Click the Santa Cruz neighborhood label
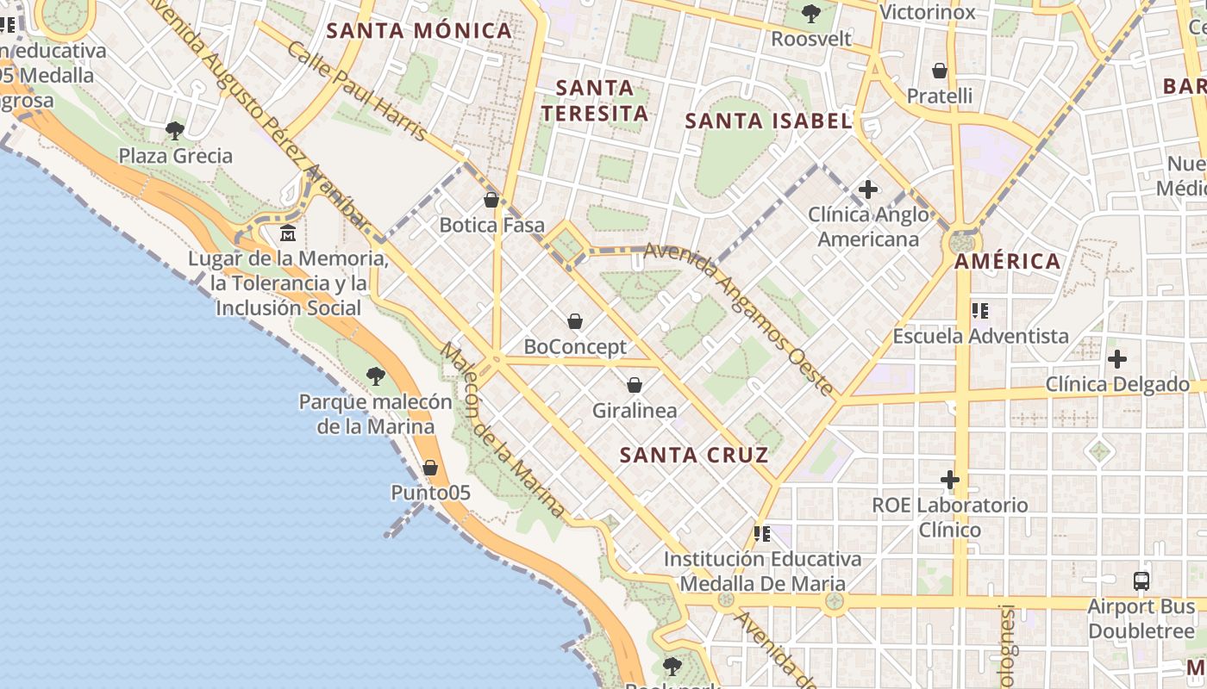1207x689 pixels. pos(694,456)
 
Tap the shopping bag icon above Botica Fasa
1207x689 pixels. pos(491,201)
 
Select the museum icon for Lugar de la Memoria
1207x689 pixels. pos(288,233)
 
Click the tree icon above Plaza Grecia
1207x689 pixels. pos(175,131)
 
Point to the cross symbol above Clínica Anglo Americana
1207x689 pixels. pos(868,189)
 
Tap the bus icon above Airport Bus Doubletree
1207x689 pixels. pos(1141,581)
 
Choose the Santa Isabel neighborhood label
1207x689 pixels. pos(768,121)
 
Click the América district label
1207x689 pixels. pos(1008,262)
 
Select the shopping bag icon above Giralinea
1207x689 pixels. pos(635,385)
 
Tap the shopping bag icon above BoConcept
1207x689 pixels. pos(575,322)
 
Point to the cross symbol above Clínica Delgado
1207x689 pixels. pos(1117,358)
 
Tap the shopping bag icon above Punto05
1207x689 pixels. pos(430,468)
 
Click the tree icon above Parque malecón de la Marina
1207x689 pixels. pos(375,376)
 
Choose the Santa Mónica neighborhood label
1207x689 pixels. pos(420,32)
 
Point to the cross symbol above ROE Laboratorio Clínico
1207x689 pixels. pos(950,479)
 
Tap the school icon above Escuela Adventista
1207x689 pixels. pos(979,310)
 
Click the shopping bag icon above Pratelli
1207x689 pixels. pos(940,71)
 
